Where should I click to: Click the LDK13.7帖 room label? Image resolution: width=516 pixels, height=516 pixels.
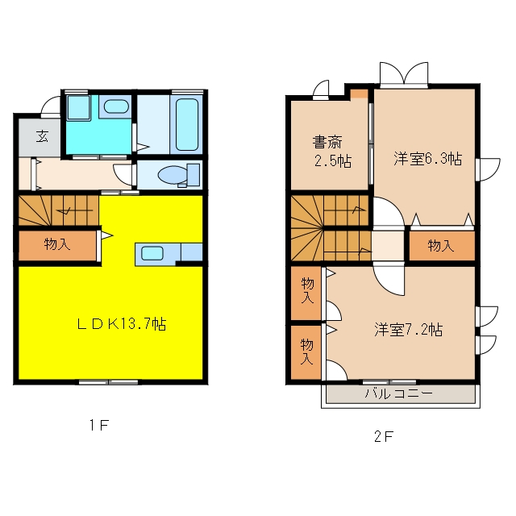click(x=122, y=324)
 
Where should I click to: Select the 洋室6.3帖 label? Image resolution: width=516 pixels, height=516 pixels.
click(x=428, y=159)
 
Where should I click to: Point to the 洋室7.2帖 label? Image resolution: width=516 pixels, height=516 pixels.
click(x=409, y=330)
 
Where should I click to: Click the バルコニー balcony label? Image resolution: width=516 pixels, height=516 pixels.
click(x=398, y=393)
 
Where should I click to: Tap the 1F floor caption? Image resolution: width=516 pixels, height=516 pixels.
click(x=99, y=426)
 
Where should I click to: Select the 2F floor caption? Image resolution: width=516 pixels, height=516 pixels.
click(x=384, y=436)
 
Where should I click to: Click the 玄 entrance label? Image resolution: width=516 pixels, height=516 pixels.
click(x=43, y=135)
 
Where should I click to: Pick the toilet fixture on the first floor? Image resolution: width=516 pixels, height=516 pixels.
click(x=179, y=175)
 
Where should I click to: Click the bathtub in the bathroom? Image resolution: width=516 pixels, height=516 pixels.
click(x=186, y=124)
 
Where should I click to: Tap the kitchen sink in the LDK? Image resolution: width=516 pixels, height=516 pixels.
click(x=152, y=253)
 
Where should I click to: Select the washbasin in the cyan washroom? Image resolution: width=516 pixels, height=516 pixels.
click(x=116, y=106)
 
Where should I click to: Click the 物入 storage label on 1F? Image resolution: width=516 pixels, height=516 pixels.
click(x=57, y=244)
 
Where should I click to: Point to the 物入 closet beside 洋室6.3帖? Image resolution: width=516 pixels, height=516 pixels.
click(x=441, y=245)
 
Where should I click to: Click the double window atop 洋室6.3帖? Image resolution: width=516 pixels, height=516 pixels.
click(x=404, y=75)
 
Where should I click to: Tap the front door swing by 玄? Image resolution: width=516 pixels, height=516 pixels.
click(x=50, y=106)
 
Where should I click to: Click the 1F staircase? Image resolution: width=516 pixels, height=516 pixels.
click(x=59, y=210)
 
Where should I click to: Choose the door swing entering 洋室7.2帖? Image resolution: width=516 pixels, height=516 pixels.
click(x=389, y=279)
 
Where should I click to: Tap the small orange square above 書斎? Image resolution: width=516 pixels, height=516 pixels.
click(x=359, y=94)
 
